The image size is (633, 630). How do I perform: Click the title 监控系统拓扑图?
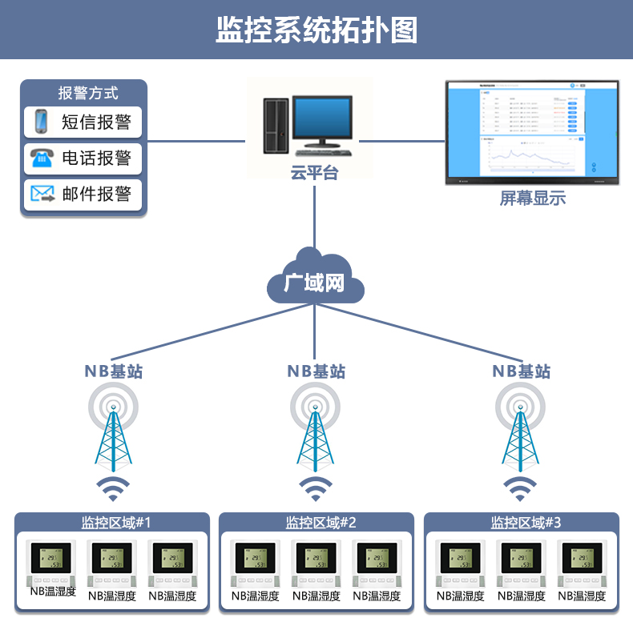click(316, 30)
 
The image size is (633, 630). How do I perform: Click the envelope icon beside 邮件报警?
click(42, 194)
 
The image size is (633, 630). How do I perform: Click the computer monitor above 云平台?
click(321, 120)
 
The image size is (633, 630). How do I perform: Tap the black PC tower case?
click(275, 126)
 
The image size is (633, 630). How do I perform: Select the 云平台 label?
click(315, 173)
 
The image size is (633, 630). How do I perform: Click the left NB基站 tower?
click(113, 432)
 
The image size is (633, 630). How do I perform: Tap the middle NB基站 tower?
click(316, 432)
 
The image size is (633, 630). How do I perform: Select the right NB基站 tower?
click(521, 432)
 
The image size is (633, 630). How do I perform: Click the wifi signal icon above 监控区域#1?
click(113, 488)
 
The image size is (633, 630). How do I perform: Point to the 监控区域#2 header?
click(321, 523)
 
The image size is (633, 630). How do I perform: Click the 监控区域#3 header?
click(526, 523)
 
